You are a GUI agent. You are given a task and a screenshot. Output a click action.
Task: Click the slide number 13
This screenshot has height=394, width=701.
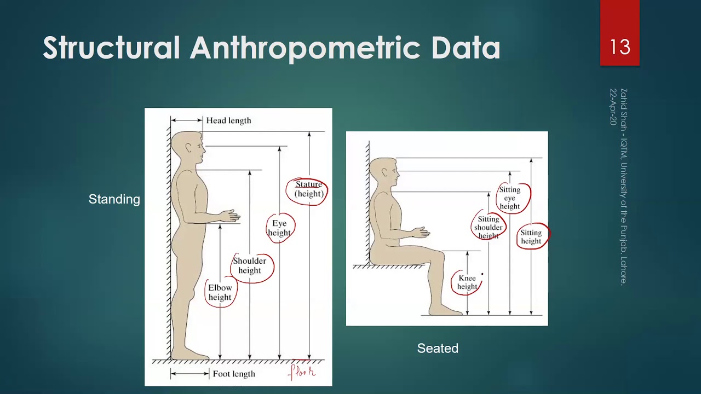pos(620,47)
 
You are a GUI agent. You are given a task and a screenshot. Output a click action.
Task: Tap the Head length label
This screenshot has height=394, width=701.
pos(228,120)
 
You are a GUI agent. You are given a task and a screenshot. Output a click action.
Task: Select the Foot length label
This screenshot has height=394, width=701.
pos(234,374)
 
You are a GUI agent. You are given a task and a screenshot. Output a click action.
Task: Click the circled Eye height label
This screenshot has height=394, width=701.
pos(279,228)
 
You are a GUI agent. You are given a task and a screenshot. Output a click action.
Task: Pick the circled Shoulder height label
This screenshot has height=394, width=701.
pos(250,265)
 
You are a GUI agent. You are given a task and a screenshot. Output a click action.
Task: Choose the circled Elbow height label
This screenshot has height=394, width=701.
pos(220,292)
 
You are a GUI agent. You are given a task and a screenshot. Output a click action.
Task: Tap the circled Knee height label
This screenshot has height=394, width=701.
pos(467,282)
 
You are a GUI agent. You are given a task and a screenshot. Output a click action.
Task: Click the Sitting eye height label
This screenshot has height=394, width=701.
pos(510,198)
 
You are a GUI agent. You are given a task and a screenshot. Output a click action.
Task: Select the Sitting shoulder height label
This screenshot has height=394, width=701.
pos(488,227)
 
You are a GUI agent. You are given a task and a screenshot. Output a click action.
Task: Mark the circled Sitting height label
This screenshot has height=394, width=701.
pos(531,236)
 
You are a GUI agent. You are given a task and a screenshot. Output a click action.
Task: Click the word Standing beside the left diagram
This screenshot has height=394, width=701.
pos(114,199)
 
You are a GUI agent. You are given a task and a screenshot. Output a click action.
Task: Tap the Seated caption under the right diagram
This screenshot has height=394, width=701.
pos(438,348)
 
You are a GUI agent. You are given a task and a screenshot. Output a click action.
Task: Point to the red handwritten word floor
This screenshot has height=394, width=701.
pos(303,373)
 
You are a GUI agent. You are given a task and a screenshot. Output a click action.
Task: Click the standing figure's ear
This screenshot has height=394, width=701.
pos(189,148)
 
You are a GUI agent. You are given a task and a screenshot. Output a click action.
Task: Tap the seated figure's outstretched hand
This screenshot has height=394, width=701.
pos(421,233)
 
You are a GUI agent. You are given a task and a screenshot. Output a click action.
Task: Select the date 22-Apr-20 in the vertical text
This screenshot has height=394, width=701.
pos(613,107)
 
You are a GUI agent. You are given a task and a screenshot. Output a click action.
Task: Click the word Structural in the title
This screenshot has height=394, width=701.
pos(112,48)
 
